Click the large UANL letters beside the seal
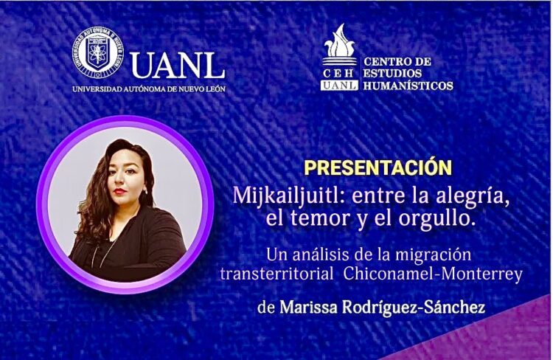coord(177,65)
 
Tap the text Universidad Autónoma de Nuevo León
coord(149,89)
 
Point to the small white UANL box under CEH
coord(339,86)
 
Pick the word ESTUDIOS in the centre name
coord(393,73)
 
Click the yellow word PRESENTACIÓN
coord(378,167)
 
